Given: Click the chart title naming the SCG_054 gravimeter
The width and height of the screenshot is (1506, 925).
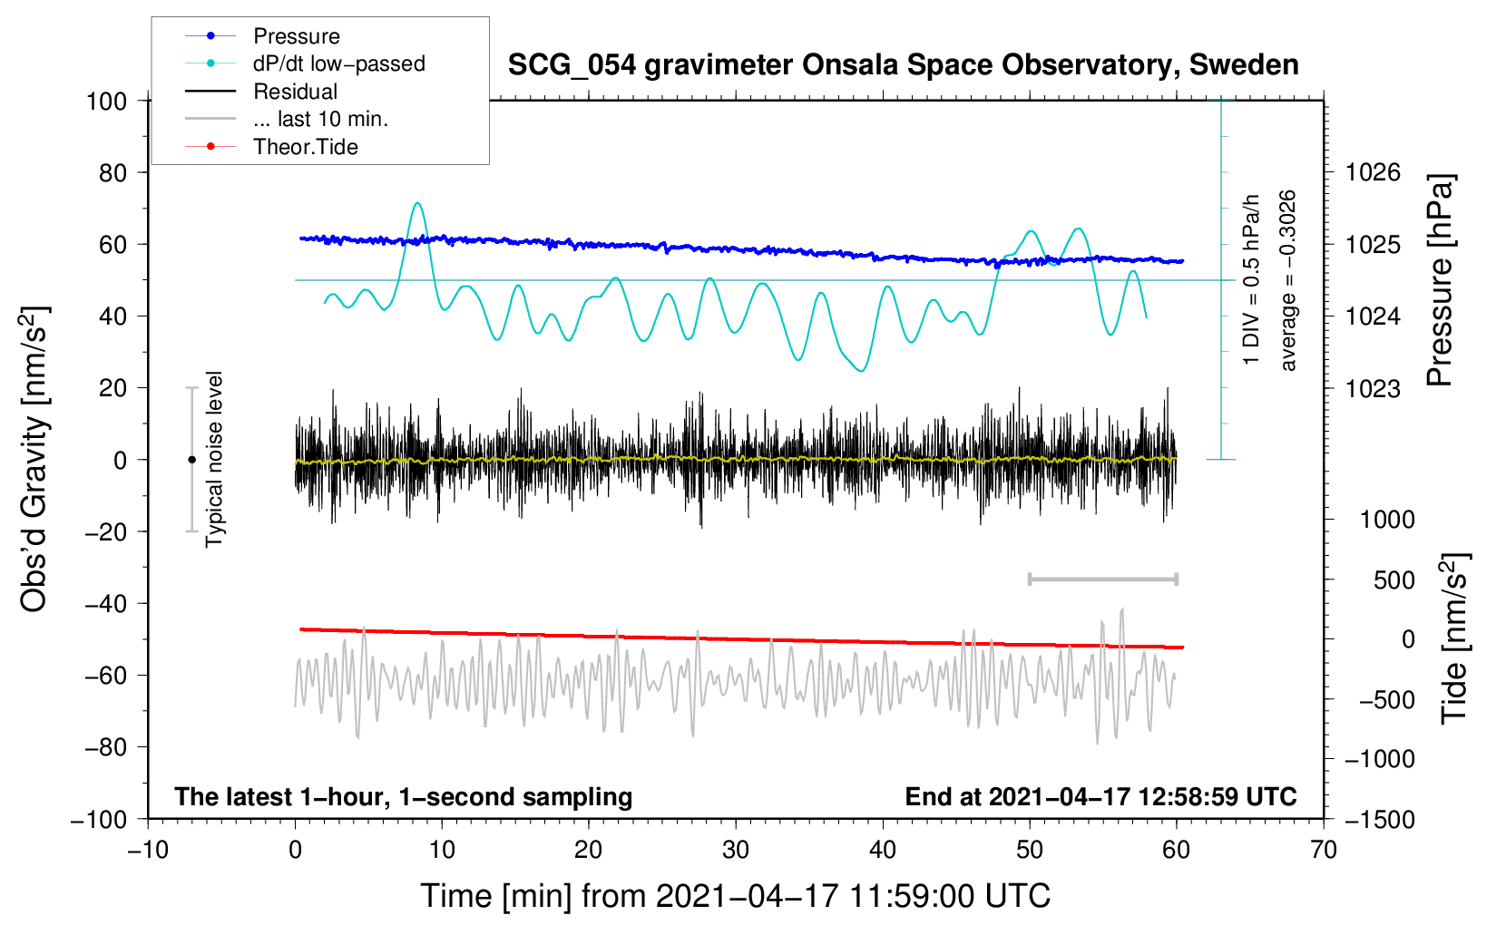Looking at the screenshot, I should (x=903, y=65).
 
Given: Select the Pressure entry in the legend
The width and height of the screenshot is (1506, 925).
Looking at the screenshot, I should (x=296, y=36).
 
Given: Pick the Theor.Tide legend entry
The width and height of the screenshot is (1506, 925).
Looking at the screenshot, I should (x=305, y=147).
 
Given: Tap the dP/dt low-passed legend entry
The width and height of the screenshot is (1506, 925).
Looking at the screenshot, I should (x=338, y=63).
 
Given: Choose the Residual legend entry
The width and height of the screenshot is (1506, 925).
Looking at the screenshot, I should (x=295, y=92).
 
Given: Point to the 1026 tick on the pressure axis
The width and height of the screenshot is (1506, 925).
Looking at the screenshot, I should (x=1373, y=172).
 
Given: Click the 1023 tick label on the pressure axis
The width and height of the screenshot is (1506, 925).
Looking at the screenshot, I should (x=1373, y=388).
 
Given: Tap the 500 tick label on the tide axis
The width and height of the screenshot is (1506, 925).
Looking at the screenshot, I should (x=1394, y=579).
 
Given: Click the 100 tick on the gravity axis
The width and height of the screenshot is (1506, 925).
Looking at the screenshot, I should (x=106, y=101).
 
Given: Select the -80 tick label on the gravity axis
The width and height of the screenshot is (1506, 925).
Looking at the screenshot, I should (x=106, y=747).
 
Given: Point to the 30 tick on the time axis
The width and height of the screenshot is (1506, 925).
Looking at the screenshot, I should (x=736, y=850).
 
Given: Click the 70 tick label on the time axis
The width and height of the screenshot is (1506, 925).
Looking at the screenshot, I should (x=1324, y=850).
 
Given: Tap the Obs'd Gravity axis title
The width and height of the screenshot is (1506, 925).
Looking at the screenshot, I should (x=34, y=459).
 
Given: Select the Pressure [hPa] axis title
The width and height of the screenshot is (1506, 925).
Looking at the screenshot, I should (x=1440, y=280).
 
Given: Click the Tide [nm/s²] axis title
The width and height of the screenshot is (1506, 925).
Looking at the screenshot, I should (x=1454, y=638).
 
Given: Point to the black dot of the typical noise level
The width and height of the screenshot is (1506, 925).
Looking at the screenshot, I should (x=191, y=460).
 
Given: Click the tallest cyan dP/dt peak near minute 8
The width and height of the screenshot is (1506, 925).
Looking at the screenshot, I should (x=416, y=203).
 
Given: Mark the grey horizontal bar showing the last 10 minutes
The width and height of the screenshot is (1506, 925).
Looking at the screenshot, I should (x=1102, y=579).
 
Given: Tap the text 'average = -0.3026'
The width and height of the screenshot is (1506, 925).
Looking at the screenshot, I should (x=1288, y=280).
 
